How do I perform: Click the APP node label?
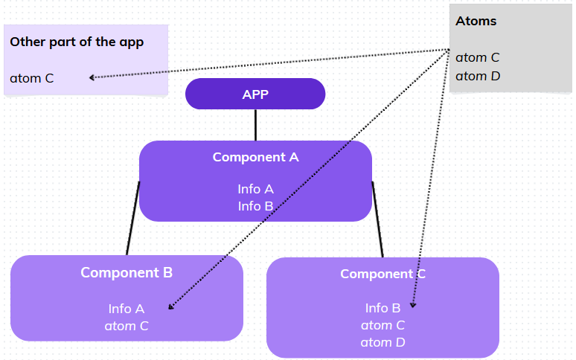pyautogui.click(x=255, y=94)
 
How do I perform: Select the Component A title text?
pyautogui.click(x=255, y=157)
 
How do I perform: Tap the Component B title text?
pyautogui.click(x=127, y=272)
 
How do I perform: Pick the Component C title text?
pyautogui.click(x=383, y=274)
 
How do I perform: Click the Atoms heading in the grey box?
pyautogui.click(x=476, y=21)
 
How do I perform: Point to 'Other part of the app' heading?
pyautogui.click(x=77, y=42)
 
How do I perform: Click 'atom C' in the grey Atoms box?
pyautogui.click(x=477, y=57)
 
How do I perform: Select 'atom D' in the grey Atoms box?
pyautogui.click(x=477, y=76)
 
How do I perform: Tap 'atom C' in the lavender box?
pyautogui.click(x=31, y=77)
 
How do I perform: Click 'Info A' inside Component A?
pyautogui.click(x=255, y=189)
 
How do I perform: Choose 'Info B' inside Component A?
pyautogui.click(x=255, y=206)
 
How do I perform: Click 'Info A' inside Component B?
pyautogui.click(x=127, y=308)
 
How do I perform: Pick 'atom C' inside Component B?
pyautogui.click(x=127, y=326)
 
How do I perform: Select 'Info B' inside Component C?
pyautogui.click(x=383, y=307)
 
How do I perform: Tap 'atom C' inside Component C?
pyautogui.click(x=383, y=325)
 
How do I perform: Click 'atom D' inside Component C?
pyautogui.click(x=383, y=342)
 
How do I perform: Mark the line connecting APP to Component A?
pyautogui.click(x=255, y=125)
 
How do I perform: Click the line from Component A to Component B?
pyautogui.click(x=132, y=219)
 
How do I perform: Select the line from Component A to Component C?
pyautogui.click(x=377, y=220)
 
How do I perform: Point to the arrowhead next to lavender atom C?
pyautogui.click(x=92, y=77)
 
